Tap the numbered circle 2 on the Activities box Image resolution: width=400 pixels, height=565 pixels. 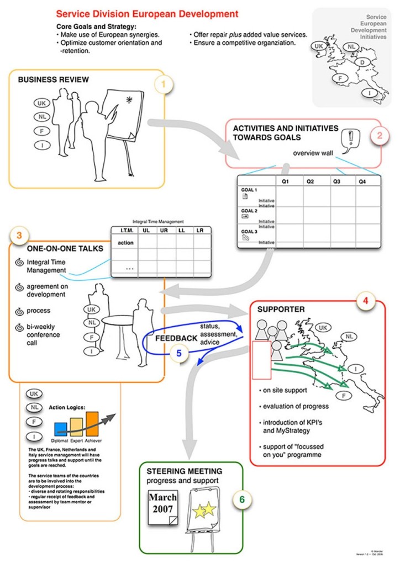click(379, 134)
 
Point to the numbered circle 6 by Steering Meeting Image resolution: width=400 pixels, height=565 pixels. click(242, 500)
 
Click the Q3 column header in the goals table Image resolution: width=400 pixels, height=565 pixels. click(337, 181)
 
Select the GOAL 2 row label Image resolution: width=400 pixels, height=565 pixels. click(250, 211)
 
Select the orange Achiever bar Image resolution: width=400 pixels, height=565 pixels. click(92, 423)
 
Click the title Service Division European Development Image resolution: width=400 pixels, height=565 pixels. click(148, 14)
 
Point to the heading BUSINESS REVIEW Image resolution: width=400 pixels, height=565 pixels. click(53, 79)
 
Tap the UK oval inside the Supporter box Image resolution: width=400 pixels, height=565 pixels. click(325, 328)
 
